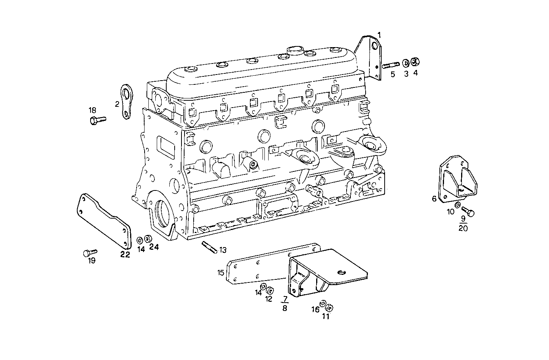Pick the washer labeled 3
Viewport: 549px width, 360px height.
[x=406, y=62]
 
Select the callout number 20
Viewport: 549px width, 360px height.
[x=463, y=228]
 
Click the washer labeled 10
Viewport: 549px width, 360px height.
[x=458, y=205]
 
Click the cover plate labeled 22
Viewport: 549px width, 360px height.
[x=103, y=224]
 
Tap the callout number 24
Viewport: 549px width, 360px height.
[x=154, y=247]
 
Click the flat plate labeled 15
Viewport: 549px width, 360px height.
[x=259, y=266]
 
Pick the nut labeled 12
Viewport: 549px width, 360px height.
[x=270, y=291]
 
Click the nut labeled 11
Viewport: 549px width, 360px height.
[x=330, y=308]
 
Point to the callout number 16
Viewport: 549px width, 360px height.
[x=315, y=310]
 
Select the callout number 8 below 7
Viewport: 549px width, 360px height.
[x=285, y=308]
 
